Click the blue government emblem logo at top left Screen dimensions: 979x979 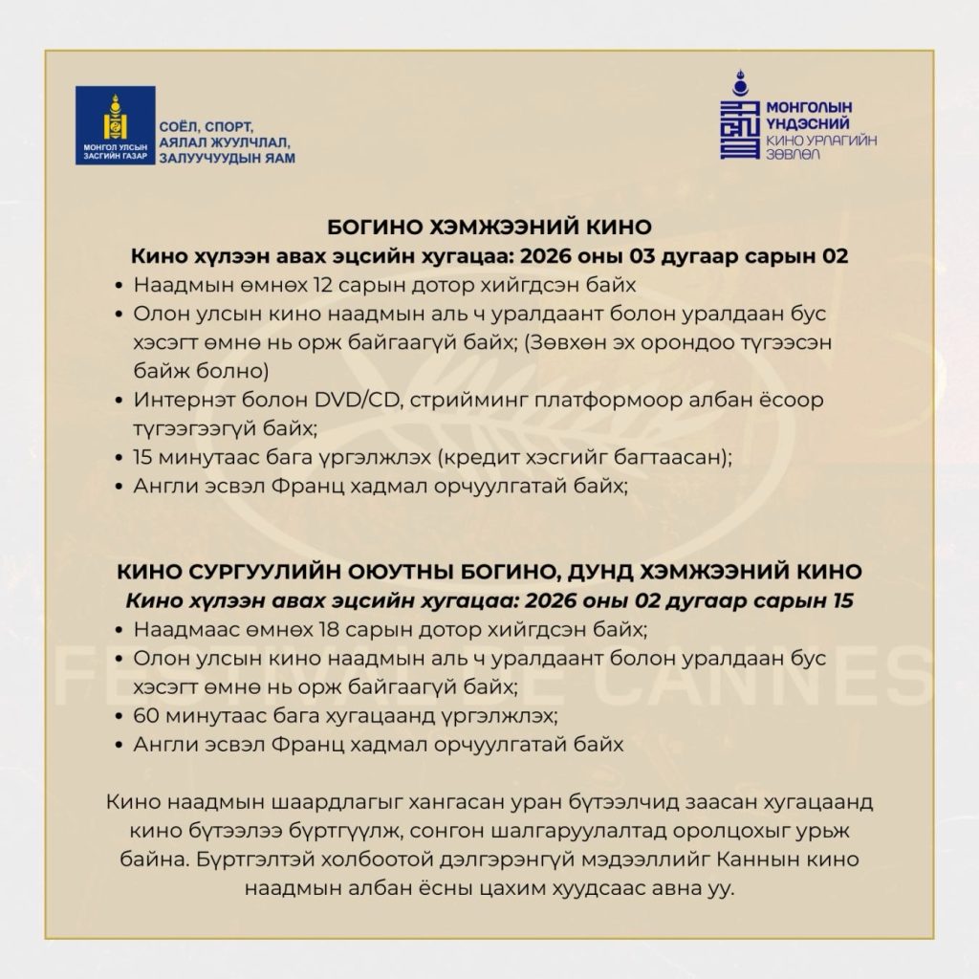[116, 125]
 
